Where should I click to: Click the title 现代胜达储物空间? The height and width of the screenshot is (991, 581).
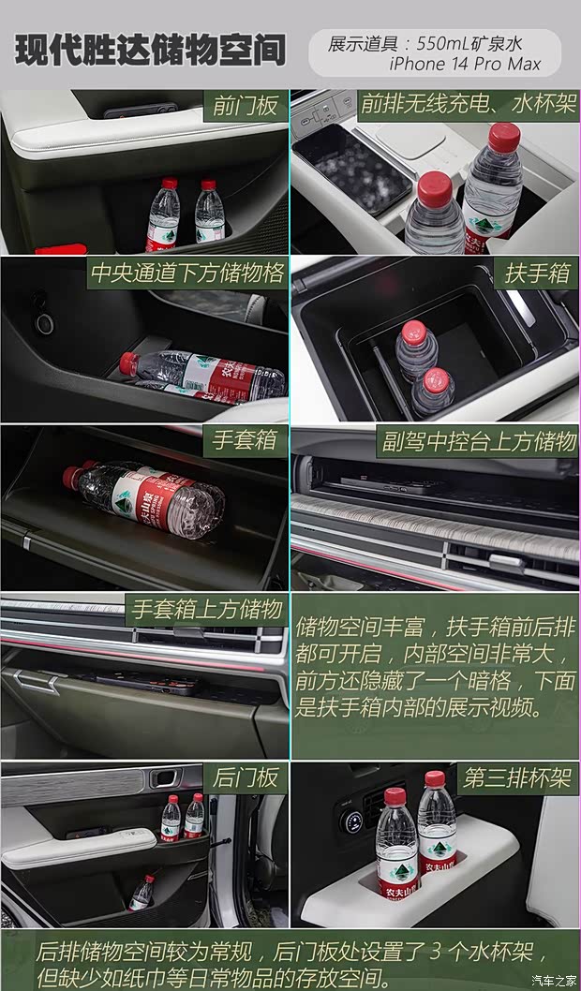tap(150, 51)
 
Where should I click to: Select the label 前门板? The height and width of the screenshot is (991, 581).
tap(246, 106)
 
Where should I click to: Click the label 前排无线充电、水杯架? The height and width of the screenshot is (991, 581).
tap(468, 104)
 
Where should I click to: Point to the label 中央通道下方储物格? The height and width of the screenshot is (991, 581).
tap(186, 274)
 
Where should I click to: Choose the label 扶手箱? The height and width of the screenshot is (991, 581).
tap(537, 274)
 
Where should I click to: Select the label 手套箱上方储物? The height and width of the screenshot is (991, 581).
tap(206, 610)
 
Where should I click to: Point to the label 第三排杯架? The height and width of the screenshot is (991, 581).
tap(517, 778)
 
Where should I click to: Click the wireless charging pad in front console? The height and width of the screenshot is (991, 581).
tap(350, 167)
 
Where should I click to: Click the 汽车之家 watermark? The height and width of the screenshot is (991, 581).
tap(554, 980)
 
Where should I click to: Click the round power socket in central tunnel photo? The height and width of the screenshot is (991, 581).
tap(44, 323)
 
